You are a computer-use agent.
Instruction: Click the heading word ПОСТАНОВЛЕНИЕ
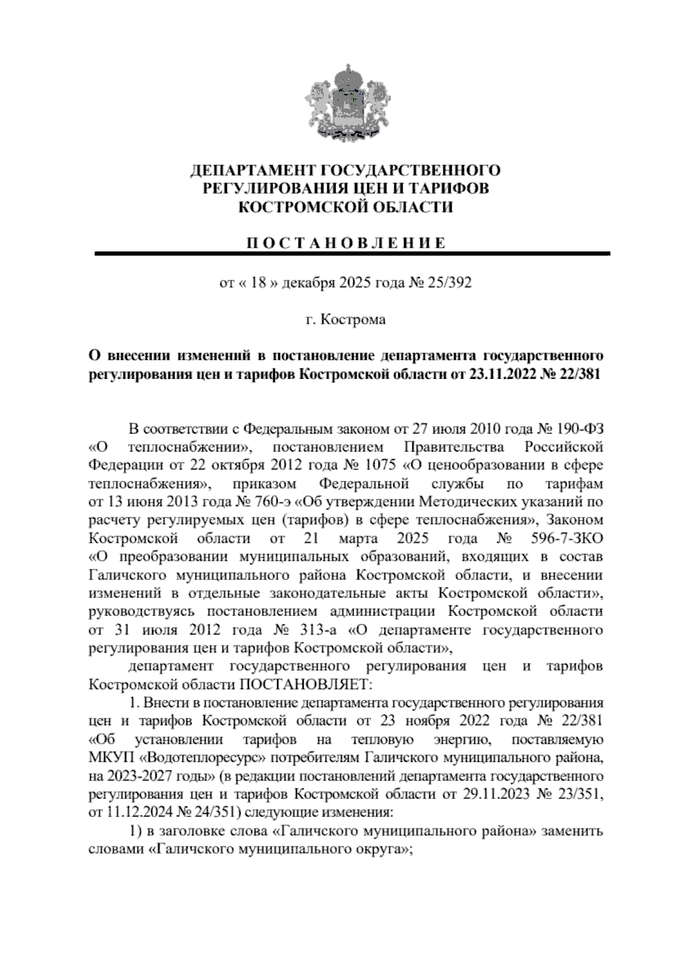point(346,243)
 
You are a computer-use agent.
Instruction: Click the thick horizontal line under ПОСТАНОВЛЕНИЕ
point(352,254)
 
